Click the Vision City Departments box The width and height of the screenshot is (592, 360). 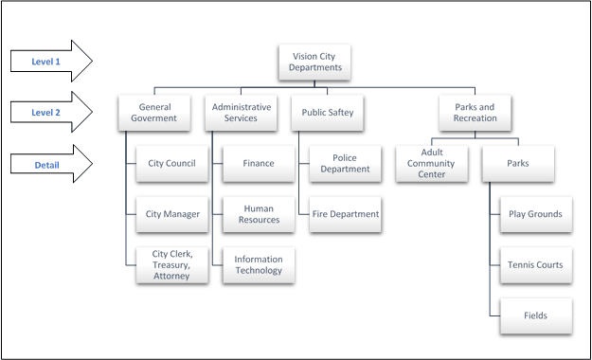pyautogui.click(x=314, y=63)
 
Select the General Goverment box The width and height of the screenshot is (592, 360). pyautogui.click(x=154, y=113)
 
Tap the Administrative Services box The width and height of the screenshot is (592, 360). pyautogui.click(x=242, y=113)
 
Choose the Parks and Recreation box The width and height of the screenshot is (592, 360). pyautogui.click(x=475, y=113)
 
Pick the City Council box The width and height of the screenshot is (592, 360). pyautogui.click(x=171, y=163)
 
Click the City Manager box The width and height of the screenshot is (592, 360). pyautogui.click(x=171, y=214)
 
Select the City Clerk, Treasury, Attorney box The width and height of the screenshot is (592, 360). pyautogui.click(x=171, y=265)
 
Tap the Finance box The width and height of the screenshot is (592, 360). pyautogui.click(x=259, y=163)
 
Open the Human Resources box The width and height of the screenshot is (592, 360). pyautogui.click(x=259, y=214)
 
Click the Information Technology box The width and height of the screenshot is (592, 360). pyautogui.click(x=259, y=265)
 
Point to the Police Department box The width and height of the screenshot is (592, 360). pyautogui.click(x=345, y=163)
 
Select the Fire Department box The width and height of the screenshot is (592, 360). pyautogui.click(x=345, y=214)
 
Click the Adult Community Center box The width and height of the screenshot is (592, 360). pyautogui.click(x=431, y=163)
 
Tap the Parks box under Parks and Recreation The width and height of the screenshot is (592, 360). pyautogui.click(x=517, y=163)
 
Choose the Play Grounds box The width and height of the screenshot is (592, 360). pyautogui.click(x=535, y=214)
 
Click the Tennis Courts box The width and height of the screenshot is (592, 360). pyautogui.click(x=535, y=265)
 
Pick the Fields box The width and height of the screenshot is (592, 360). pyautogui.click(x=535, y=315)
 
